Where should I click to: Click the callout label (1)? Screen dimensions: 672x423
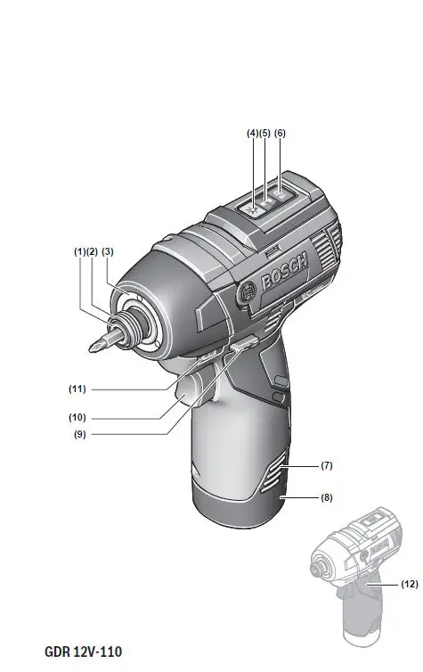coord(78,252)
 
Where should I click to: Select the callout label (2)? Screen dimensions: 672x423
coord(91,252)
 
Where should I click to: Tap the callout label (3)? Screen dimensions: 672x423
coord(108,252)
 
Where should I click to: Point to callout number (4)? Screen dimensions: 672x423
coord(253,133)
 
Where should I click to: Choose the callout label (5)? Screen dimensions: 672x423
coord(265,133)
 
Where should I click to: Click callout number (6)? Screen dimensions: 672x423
coord(281,133)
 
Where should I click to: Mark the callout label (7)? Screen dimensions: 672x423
coord(326,466)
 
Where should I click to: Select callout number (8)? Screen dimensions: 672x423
coord(326,498)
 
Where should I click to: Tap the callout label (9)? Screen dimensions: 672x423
coord(78,435)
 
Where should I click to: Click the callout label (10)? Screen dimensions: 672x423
coord(78,416)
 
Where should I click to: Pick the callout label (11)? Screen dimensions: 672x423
coord(78,389)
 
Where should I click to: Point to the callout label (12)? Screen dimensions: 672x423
coord(408,585)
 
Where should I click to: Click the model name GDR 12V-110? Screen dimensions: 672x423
coord(83,652)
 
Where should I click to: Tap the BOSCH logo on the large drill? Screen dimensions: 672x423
coord(284,271)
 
